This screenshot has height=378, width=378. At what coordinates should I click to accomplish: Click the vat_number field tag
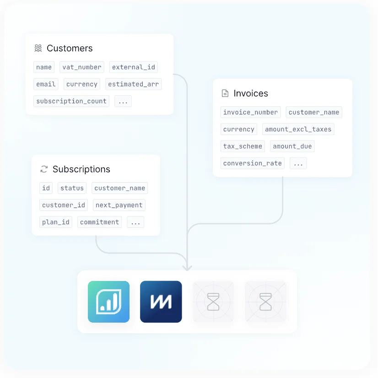click(82, 67)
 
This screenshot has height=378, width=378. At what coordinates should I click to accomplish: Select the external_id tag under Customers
click(134, 67)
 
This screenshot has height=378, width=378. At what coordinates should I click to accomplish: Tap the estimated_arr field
click(133, 84)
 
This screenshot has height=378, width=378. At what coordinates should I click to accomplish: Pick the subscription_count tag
click(71, 101)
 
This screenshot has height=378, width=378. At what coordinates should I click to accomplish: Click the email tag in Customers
click(46, 84)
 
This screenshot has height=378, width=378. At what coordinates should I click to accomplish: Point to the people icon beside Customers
click(38, 48)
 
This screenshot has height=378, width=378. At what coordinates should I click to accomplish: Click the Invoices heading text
click(251, 93)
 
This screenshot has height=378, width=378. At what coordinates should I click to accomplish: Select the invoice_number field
click(250, 112)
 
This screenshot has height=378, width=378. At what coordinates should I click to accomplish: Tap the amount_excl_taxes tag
click(298, 129)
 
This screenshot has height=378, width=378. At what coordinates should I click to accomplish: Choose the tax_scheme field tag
click(243, 146)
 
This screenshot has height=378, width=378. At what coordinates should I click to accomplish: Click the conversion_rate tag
click(253, 163)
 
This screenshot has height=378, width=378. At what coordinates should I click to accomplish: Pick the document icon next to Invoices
click(225, 93)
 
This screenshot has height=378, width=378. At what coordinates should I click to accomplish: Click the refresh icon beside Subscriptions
click(44, 169)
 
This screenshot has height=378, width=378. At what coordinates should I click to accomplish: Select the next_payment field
click(119, 205)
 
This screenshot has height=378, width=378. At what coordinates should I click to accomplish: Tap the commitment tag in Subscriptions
click(99, 222)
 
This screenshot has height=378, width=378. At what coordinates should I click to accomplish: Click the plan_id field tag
click(56, 222)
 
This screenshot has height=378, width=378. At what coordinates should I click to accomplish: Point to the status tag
click(72, 188)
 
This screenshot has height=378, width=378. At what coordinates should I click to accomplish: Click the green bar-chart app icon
click(109, 302)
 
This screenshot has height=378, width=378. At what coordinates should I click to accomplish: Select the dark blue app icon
click(161, 302)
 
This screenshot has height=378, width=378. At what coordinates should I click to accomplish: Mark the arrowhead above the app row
click(187, 268)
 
